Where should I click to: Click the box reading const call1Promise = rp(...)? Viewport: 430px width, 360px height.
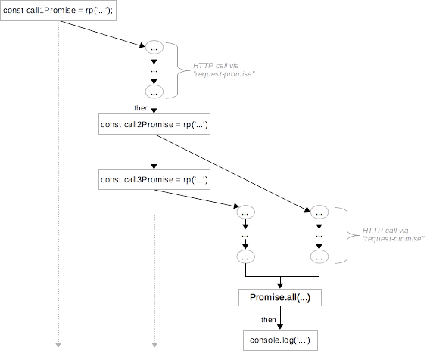click(x=58, y=13)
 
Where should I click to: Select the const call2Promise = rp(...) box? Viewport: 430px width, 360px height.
click(x=154, y=125)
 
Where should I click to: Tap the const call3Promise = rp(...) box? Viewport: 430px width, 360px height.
click(x=154, y=180)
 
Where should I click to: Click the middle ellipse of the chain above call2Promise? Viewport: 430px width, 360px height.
click(x=154, y=70)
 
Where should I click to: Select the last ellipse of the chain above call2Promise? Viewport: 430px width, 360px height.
click(x=154, y=92)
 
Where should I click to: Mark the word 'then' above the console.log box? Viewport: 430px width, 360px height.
click(x=267, y=320)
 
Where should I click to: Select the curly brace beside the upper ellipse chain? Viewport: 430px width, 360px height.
click(x=180, y=70)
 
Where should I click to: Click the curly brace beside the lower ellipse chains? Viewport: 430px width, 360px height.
click(x=344, y=234)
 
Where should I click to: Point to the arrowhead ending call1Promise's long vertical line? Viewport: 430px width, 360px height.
click(x=58, y=346)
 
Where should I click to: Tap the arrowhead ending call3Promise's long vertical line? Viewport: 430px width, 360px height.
click(x=154, y=346)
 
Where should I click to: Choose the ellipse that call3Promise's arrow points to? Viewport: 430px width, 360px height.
click(x=245, y=212)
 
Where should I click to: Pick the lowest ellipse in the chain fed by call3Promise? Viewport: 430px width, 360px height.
click(x=245, y=257)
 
